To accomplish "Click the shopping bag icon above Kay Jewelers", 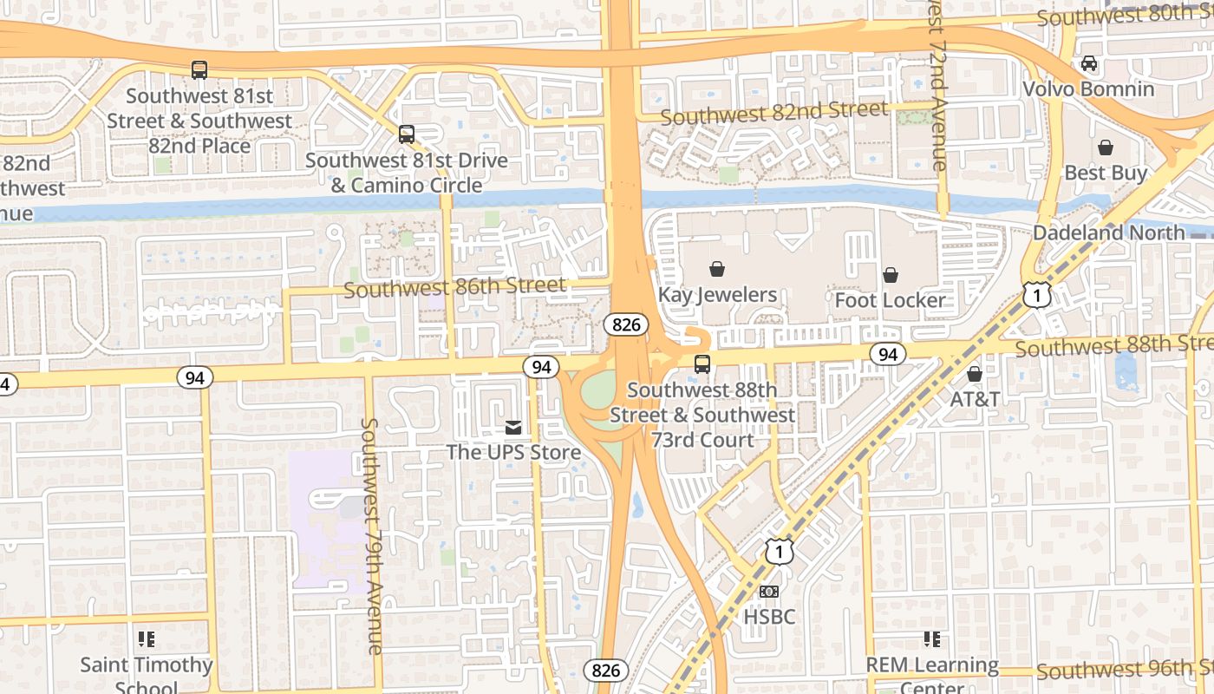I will [717, 269].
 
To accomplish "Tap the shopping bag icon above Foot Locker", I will [891, 275].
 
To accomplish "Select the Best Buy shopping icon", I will [1106, 147].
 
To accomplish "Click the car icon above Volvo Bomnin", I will [1088, 63].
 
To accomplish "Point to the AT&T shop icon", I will [975, 374].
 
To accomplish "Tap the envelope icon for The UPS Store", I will [514, 427].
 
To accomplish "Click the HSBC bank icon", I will [768, 592].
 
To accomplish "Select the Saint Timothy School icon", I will [147, 639].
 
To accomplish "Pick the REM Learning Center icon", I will [932, 639].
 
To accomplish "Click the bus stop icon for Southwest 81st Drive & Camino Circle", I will [407, 134].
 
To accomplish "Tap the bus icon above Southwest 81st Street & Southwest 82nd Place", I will [199, 69].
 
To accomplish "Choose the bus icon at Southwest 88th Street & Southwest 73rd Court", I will [702, 364].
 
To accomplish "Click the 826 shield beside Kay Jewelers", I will [626, 324].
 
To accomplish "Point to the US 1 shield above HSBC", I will [779, 550].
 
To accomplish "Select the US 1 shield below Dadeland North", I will [1036, 296].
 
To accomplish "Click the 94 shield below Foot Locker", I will [887, 354].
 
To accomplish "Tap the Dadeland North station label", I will [1108, 232].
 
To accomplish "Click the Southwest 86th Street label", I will [455, 286].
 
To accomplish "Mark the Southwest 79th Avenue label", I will [371, 536].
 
